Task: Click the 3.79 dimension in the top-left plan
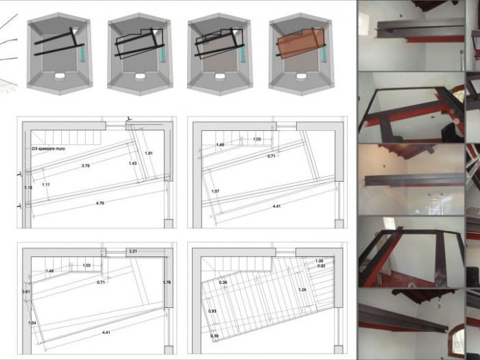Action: pyautogui.click(x=86, y=166)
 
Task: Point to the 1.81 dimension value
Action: pyautogui.click(x=149, y=153)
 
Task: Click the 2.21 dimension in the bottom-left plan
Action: pyautogui.click(x=133, y=252)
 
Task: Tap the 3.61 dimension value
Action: pyautogui.click(x=25, y=292)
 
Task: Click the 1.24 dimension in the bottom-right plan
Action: pyautogui.click(x=302, y=290)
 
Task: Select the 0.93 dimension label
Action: pyautogui.click(x=212, y=312)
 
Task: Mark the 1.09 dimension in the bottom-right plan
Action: pyautogui.click(x=319, y=260)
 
